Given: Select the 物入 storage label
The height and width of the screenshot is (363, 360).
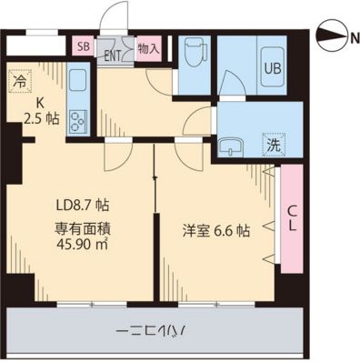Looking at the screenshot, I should tap(147, 47).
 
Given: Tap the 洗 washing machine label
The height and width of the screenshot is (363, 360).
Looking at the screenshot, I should tap(272, 143).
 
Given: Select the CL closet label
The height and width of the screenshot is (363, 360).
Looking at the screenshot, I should tap(293, 219).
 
